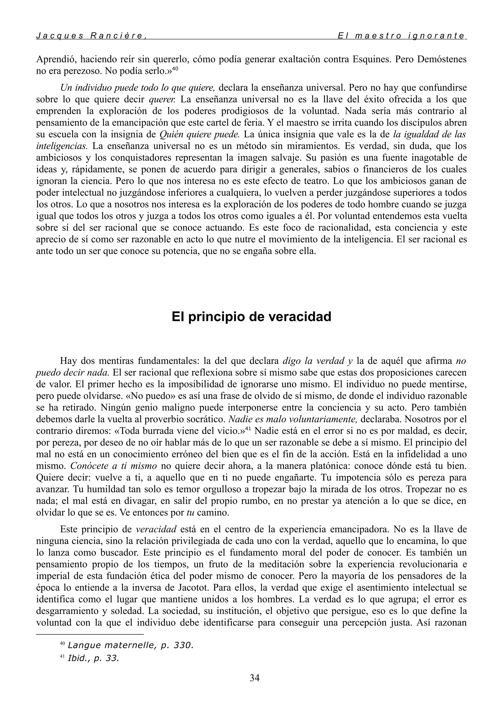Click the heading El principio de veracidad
click(x=251, y=317)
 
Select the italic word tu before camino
click(x=190, y=513)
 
